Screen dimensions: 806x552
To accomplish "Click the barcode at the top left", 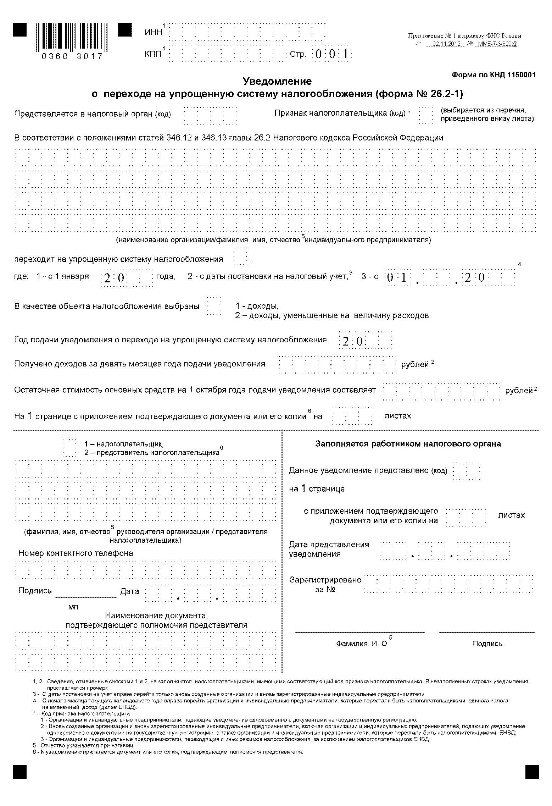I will (x=72, y=37).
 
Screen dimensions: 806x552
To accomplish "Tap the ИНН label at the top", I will (x=154, y=32).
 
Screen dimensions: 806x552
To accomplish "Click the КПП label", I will (x=153, y=54).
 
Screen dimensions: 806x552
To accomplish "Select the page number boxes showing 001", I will (x=331, y=54).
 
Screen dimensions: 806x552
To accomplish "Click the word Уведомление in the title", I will (x=277, y=81).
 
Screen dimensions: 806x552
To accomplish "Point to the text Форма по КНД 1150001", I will (x=494, y=75).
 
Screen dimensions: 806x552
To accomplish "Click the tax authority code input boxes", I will (x=210, y=115).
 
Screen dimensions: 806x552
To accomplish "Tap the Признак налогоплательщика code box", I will (x=425, y=115).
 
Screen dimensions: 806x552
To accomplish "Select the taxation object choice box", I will (x=213, y=305).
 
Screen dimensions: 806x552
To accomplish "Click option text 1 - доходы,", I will (x=257, y=306).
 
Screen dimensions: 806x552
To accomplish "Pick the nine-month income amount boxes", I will (x=337, y=364).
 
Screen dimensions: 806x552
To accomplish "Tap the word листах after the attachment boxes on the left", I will (x=397, y=416).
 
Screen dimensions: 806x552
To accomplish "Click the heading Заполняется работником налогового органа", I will (x=408, y=444).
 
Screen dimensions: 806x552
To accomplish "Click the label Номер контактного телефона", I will (x=76, y=553).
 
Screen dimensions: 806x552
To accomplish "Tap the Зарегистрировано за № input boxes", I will (x=448, y=584).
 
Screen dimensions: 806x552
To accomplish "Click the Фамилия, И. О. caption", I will (x=362, y=644).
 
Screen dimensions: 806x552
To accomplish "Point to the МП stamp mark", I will (x=73, y=607).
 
